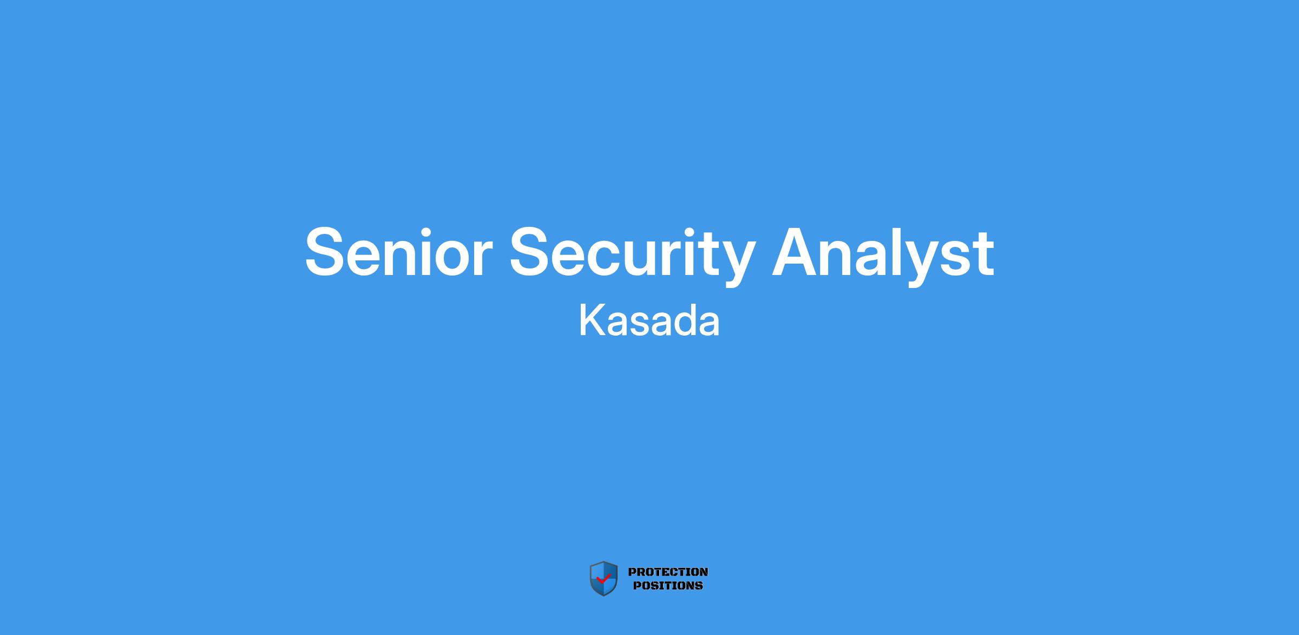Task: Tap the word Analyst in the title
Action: (883, 254)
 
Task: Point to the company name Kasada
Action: (649, 321)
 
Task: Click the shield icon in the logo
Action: (603, 579)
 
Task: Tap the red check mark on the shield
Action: (603, 579)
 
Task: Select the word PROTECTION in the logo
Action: (668, 572)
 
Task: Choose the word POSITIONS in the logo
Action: (668, 585)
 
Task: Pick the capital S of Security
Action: (530, 252)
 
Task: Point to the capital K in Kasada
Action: (593, 321)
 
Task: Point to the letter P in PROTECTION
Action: (632, 572)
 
